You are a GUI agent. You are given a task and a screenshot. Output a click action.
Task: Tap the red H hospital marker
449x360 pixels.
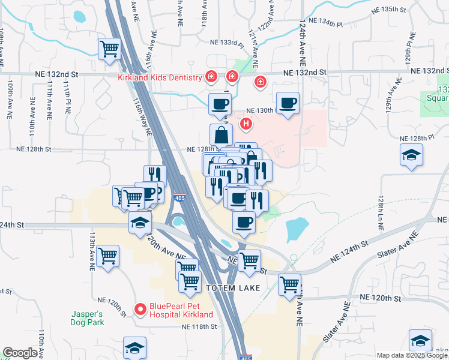pos(246,124)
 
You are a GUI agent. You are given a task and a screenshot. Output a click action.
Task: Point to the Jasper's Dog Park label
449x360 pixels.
pos(88,318)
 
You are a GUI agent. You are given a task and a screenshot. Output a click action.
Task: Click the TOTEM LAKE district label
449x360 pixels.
pos(234,288)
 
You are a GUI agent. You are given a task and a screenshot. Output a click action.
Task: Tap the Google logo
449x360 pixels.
pos(20,353)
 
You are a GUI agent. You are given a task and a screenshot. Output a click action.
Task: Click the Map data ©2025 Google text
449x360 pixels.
pos(412,355)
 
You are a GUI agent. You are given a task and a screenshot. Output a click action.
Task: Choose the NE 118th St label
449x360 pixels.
pos(199,327)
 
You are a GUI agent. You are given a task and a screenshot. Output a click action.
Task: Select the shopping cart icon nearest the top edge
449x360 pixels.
pos(110,49)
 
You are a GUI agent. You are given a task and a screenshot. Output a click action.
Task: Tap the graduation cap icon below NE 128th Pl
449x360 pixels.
pos(411,155)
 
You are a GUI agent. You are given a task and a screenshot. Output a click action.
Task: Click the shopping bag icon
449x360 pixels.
pos(221,134)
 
